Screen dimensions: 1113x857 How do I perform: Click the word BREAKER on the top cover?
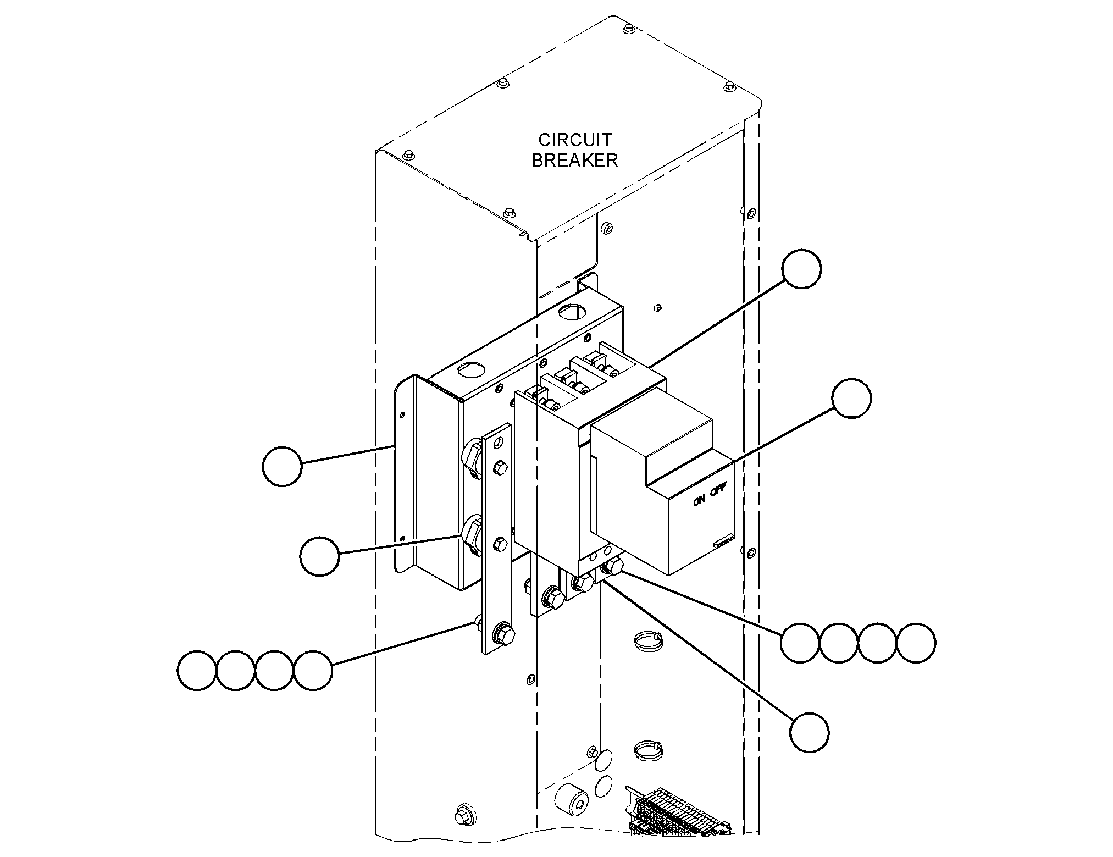575,161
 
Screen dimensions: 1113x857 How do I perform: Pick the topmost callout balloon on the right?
802,268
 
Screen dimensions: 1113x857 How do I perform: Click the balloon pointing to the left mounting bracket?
283,466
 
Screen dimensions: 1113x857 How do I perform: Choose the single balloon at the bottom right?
810,732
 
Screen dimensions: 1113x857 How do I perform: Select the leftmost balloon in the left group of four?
197,671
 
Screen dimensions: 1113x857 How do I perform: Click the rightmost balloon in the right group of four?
916,642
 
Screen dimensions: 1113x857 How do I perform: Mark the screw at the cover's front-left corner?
407,154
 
